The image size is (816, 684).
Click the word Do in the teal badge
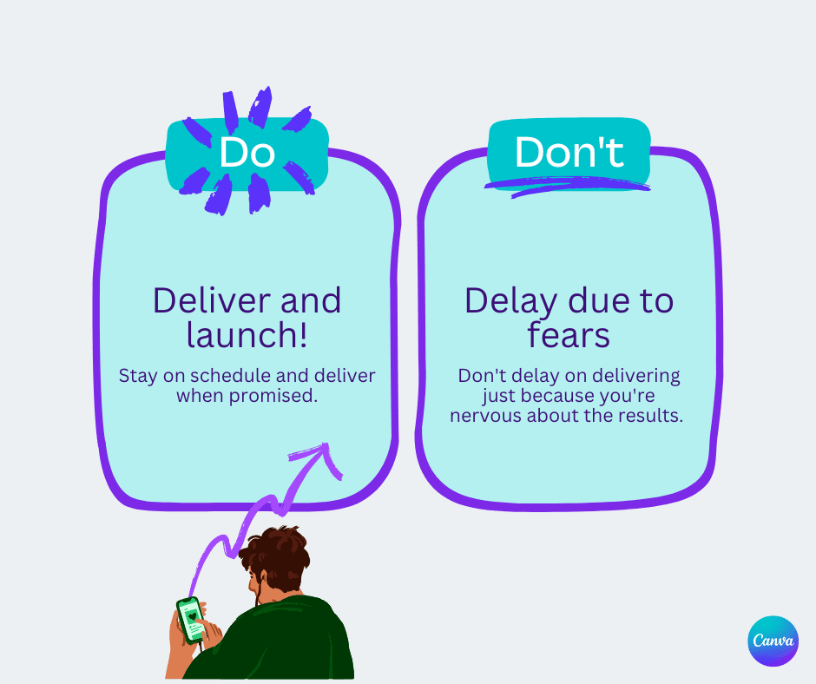click(x=247, y=153)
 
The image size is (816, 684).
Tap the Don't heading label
click(x=569, y=152)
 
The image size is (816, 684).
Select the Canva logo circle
click(x=772, y=641)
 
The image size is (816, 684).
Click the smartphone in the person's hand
click(x=192, y=619)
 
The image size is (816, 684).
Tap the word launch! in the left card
click(x=247, y=336)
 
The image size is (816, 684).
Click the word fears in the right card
click(x=569, y=336)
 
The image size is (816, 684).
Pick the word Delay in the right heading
click(x=510, y=301)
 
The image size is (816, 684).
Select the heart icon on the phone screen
click(x=191, y=615)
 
